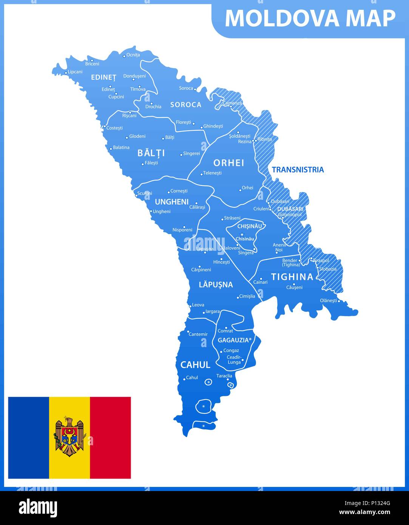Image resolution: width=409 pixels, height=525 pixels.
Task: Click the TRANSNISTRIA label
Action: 298,170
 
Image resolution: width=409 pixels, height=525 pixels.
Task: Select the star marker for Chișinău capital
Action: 242,235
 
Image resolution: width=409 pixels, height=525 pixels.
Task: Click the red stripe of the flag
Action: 110,437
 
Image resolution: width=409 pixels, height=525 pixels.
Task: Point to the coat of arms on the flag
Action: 69,437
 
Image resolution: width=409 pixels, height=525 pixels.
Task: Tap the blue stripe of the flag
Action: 29,437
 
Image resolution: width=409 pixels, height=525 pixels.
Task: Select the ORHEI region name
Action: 229,163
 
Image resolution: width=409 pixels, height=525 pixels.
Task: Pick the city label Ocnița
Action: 133,55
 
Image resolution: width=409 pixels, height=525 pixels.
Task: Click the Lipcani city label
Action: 75,72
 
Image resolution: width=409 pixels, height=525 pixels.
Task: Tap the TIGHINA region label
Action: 292,277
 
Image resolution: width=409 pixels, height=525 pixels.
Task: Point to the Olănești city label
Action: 328,301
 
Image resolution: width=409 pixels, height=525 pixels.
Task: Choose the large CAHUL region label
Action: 195,365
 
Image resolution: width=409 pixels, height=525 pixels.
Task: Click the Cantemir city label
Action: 198,334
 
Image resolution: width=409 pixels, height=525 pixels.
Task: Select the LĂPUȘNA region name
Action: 216,285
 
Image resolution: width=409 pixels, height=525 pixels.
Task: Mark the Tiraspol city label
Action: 321,261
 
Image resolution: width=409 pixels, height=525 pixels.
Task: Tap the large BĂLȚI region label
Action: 151,153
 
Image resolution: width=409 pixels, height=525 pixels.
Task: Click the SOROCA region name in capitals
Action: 186,105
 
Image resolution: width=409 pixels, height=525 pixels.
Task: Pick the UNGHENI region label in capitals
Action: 171,202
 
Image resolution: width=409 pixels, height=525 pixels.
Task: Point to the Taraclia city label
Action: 224,376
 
